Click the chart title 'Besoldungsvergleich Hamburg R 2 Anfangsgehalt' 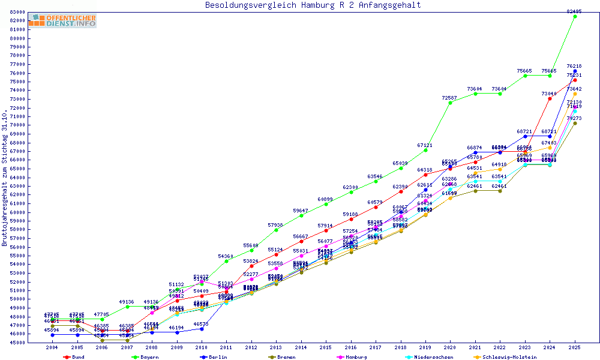pyautogui.click(x=313, y=5)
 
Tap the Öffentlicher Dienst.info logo pyautogui.click(x=62, y=21)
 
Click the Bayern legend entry pyautogui.click(x=146, y=357)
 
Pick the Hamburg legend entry pyautogui.click(x=353, y=357)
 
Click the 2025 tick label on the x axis pyautogui.click(x=574, y=347)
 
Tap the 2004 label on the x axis pyautogui.click(x=52, y=347)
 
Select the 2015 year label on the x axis pyautogui.click(x=326, y=347)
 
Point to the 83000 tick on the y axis pyautogui.click(x=17, y=12)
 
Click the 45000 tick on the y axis pyautogui.click(x=17, y=343)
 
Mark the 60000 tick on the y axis pyautogui.click(x=17, y=212)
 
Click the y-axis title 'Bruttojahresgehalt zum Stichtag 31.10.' pyautogui.click(x=5, y=178)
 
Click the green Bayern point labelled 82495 pyautogui.click(x=575, y=16)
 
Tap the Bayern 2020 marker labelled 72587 pyautogui.click(x=450, y=103)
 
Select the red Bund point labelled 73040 pyautogui.click(x=550, y=98)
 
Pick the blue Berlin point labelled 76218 pyautogui.click(x=575, y=71)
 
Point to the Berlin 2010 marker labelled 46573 pyautogui.click(x=202, y=329)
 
